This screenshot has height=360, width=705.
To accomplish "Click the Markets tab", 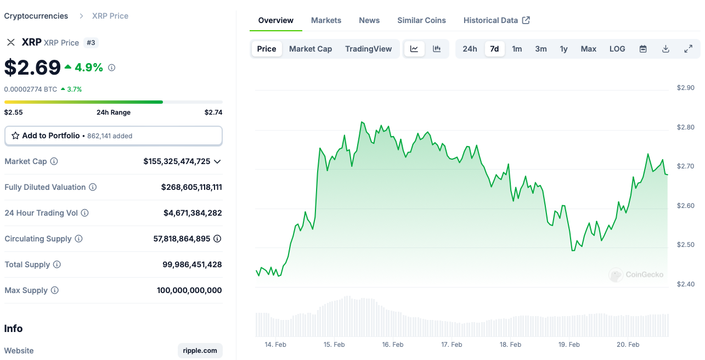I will pos(326,20).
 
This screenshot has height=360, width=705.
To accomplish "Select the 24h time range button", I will pos(470,49).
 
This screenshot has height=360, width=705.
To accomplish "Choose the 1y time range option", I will pos(563,49).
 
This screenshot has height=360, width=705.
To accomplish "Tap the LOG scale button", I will pos(617,49).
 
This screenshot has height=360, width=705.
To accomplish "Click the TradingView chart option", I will pos(368,49).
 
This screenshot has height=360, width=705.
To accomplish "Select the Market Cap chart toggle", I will pos(311,49).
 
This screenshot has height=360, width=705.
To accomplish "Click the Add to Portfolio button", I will pos(114,136).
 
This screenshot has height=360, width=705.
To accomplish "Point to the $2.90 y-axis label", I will pos(686,88).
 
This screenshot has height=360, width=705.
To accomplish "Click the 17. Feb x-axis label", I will pos(452,345).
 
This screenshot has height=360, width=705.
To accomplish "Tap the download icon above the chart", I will pos(665,49).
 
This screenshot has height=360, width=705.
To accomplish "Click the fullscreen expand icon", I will pos(688,49).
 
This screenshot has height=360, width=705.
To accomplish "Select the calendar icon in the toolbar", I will pos(643,49).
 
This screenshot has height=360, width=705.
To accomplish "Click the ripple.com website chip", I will pos(200,351).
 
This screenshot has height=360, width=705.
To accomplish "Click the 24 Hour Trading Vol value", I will pos(193,213).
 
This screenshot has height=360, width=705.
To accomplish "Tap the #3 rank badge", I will pos(91,43).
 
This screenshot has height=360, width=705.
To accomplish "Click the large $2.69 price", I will pos(32,67).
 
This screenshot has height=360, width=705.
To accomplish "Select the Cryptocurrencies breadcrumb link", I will pos(36,16).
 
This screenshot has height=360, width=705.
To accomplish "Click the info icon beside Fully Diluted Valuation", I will pos(93,187).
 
